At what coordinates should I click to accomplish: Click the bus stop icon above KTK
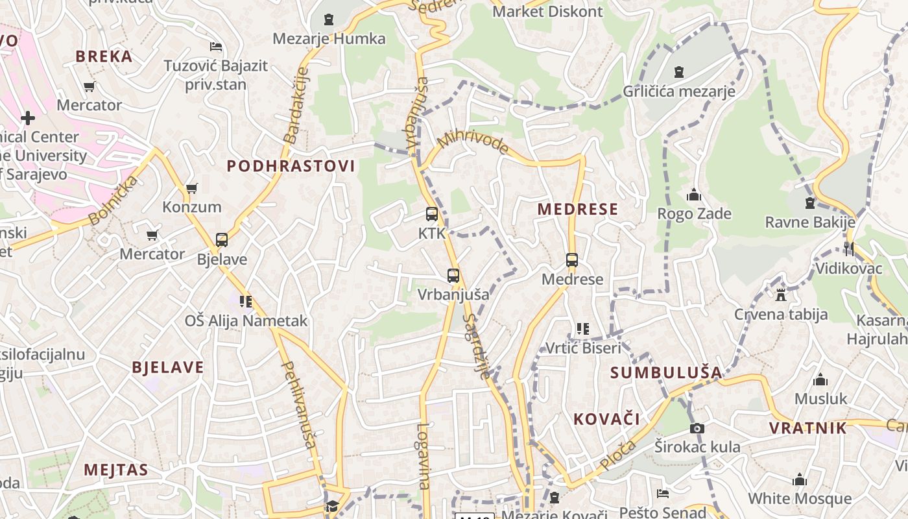click(x=431, y=214)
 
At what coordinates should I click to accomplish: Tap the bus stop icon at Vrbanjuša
click(x=453, y=276)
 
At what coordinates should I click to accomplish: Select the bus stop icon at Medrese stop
click(x=571, y=260)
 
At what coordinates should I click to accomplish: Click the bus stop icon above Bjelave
click(x=222, y=240)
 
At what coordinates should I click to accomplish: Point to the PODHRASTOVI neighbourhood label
click(x=291, y=166)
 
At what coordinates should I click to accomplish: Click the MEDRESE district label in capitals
click(x=578, y=209)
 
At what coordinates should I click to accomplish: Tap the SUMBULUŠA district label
click(x=666, y=372)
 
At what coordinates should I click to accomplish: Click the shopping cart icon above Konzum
click(x=191, y=188)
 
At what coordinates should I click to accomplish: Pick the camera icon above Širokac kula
click(x=697, y=428)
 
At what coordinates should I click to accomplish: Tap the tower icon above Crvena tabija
click(x=781, y=295)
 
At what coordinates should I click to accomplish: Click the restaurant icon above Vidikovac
click(x=848, y=248)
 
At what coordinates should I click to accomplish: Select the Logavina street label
click(x=424, y=455)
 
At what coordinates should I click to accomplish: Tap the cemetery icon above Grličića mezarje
click(x=679, y=72)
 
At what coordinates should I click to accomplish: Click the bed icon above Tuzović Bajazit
click(x=216, y=47)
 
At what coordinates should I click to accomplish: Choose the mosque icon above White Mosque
click(x=800, y=479)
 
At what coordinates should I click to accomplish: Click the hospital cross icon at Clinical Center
click(x=28, y=118)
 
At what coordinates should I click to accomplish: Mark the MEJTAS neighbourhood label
click(x=116, y=470)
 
